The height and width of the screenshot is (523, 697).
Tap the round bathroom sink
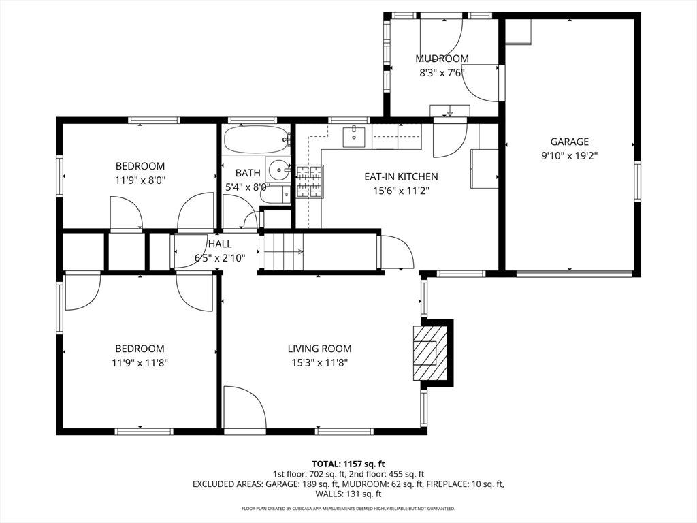point(279,170)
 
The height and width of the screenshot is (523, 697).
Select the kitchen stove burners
point(310,181)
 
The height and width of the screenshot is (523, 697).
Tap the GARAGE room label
point(570,142)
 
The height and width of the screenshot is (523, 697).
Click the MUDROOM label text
point(442,59)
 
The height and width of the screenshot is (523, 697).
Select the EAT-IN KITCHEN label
point(401,176)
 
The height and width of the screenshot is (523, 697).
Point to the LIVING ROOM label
point(320,349)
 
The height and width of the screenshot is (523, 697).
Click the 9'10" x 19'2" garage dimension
point(570,156)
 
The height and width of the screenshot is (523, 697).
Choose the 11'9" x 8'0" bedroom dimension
point(140,180)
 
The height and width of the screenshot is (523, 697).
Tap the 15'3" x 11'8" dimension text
point(320,363)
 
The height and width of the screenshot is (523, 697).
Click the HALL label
point(220,244)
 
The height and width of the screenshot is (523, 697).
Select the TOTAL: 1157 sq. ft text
point(348,464)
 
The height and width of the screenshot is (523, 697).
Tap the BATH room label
point(248,173)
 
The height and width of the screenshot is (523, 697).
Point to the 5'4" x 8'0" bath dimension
point(248,187)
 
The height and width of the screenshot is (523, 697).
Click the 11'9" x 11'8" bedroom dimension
point(140,363)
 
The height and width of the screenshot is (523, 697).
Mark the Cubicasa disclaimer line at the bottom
point(348,508)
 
